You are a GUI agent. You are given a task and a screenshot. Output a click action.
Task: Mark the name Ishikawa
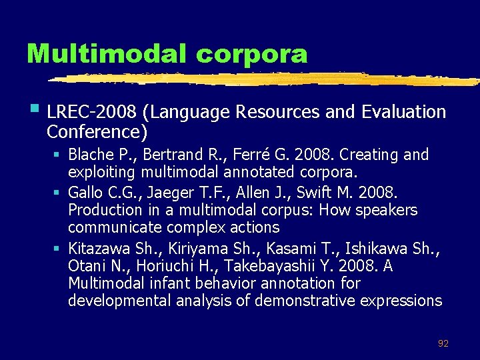(373, 249)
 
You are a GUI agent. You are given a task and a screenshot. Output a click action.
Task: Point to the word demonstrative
(303, 301)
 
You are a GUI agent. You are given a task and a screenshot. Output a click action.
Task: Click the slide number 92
(443, 344)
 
